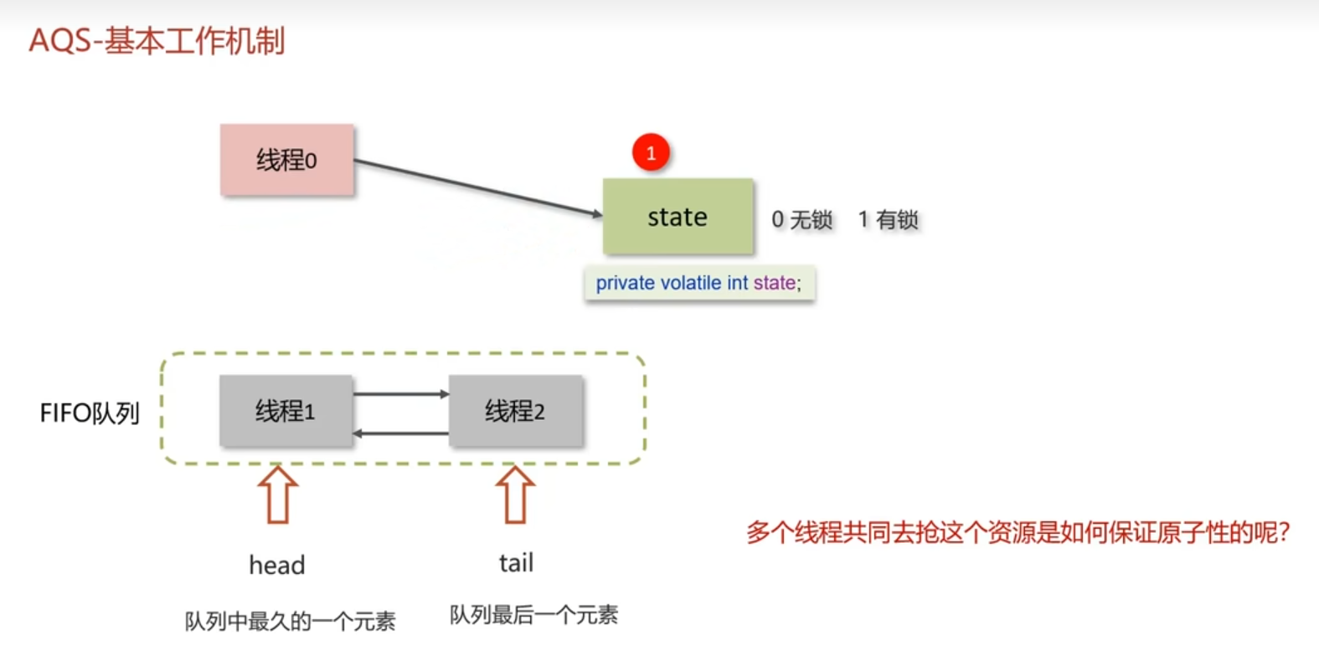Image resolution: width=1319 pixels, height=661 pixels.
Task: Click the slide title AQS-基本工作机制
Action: (x=157, y=40)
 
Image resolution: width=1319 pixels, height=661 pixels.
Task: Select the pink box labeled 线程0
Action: (x=286, y=160)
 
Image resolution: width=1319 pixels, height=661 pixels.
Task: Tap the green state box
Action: (x=678, y=217)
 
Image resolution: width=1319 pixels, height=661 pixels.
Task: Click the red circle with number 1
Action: (x=651, y=153)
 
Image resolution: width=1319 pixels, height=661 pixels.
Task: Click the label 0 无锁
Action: (x=801, y=220)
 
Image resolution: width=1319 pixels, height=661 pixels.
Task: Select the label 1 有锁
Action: (x=888, y=220)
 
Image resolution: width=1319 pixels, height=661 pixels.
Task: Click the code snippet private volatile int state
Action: (x=698, y=284)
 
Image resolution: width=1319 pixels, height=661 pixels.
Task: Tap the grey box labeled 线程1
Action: (x=286, y=411)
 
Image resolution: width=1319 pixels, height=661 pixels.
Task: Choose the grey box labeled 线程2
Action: (x=515, y=411)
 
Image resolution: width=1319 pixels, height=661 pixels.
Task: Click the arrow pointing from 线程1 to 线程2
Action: (x=400, y=393)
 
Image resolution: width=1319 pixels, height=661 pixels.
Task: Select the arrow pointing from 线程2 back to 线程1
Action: (x=400, y=433)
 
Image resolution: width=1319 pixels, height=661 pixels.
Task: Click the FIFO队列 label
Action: (x=90, y=413)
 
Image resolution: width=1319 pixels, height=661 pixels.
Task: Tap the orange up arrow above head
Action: (x=278, y=494)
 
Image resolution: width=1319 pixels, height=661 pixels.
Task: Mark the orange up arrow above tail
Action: (x=515, y=494)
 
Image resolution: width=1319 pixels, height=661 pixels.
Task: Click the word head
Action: (x=277, y=566)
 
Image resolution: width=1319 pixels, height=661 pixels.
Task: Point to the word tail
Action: (x=516, y=563)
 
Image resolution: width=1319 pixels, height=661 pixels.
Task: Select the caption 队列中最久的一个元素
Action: (x=290, y=622)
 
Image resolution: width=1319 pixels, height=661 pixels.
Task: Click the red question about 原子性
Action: (x=1018, y=532)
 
